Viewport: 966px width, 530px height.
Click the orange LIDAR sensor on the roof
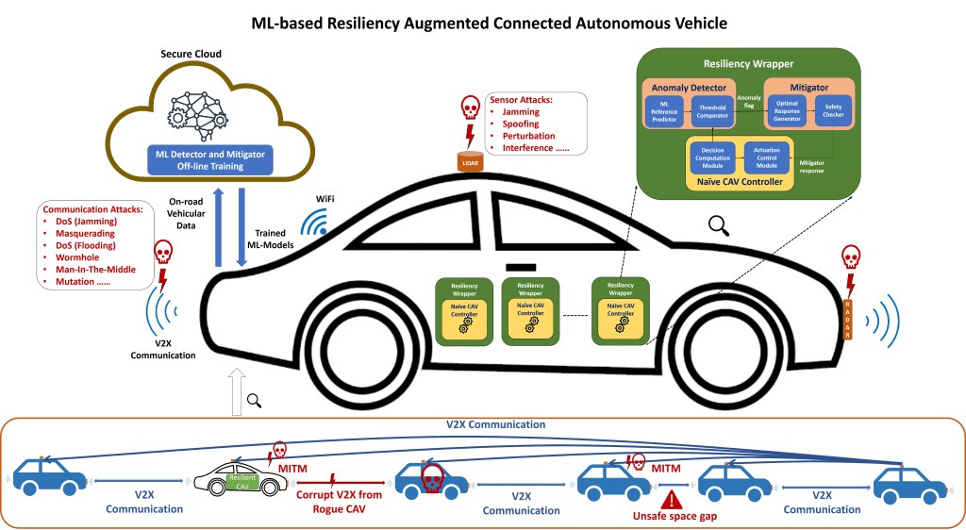(469, 162)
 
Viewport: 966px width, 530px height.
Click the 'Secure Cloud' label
(191, 54)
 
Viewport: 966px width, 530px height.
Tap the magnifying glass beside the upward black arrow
(254, 400)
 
